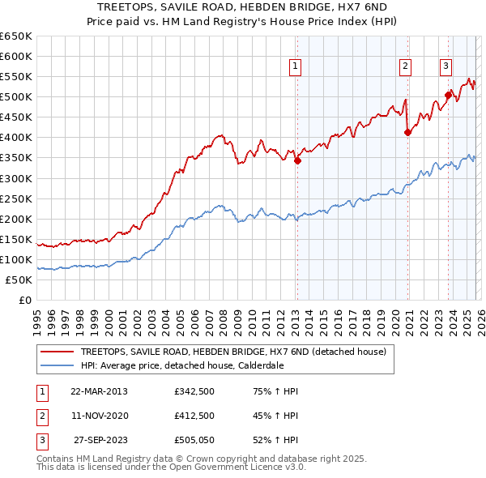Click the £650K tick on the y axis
17,36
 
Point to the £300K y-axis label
17,178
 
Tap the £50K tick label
20,280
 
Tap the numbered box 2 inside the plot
405,67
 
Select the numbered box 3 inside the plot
446,67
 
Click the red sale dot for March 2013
297,160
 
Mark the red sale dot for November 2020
407,133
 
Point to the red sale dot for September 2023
448,95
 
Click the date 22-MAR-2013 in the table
99,391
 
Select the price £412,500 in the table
194,416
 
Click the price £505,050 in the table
194,440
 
